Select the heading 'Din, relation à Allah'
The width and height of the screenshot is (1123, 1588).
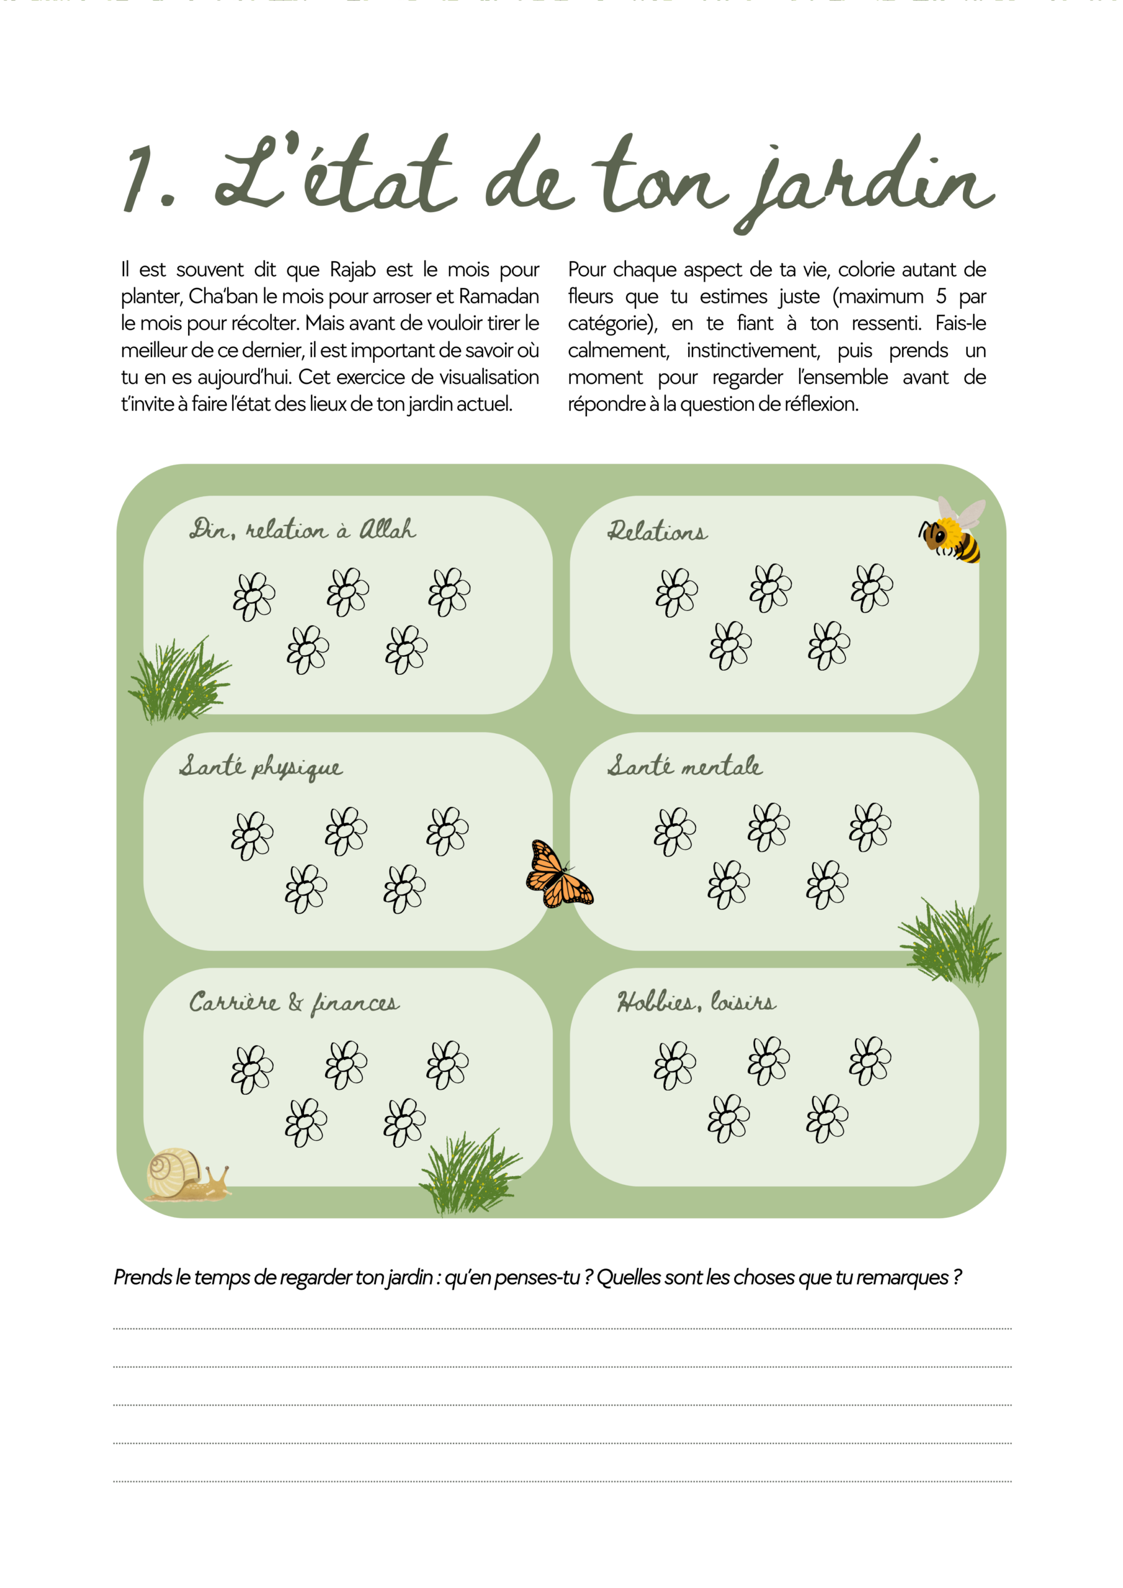coord(302,530)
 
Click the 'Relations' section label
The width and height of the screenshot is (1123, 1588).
coord(657,531)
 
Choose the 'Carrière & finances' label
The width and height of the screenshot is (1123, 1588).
coord(294,1003)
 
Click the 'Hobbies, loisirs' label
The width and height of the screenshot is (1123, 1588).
coord(696,1001)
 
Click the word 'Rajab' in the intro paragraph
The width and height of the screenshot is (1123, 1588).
coord(352,270)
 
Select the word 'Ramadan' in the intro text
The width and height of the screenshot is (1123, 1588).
coord(498,297)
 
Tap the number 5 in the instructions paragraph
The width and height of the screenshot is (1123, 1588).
coord(941,297)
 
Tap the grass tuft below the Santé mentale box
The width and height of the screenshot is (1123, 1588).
coord(949,942)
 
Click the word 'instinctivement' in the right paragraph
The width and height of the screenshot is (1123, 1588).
coord(753,350)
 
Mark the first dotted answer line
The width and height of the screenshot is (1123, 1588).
coord(562,1329)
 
